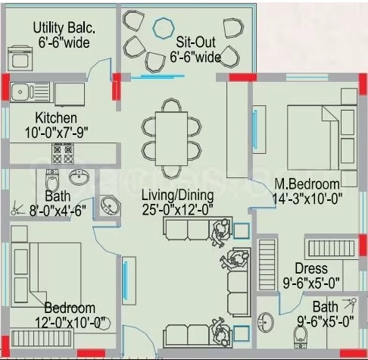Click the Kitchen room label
(56, 117)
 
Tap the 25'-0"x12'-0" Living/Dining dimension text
(178, 210)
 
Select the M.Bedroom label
(307, 184)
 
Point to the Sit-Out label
(196, 42)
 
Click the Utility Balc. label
(64, 27)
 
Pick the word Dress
(311, 268)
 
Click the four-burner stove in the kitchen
(63, 153)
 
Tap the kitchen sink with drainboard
(30, 92)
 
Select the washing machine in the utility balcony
(20, 58)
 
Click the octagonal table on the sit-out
(164, 28)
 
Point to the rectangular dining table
(172, 139)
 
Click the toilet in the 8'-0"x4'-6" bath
(52, 180)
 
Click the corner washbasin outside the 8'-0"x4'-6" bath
(111, 205)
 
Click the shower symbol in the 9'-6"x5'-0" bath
(350, 305)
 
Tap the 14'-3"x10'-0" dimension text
(307, 199)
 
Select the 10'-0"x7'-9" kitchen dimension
(57, 133)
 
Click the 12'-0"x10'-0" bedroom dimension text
(70, 323)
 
